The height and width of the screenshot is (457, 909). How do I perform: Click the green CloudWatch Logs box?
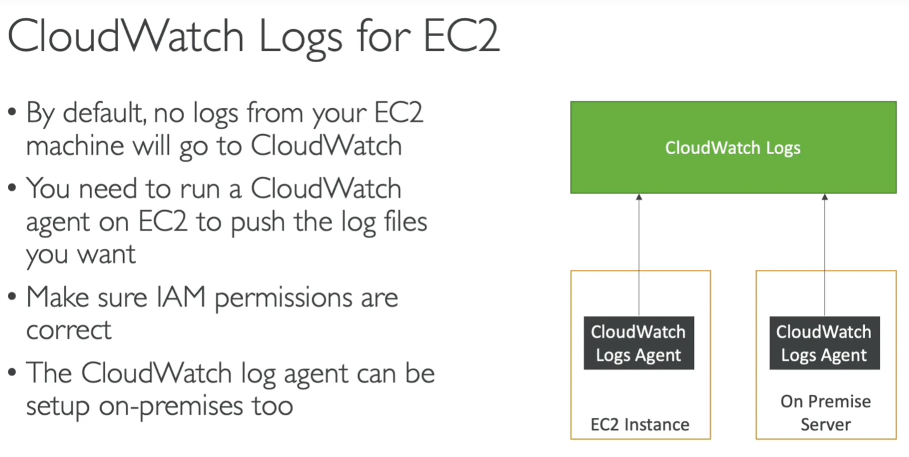coord(733,147)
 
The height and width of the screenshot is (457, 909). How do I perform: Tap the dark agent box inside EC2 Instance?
coord(639,343)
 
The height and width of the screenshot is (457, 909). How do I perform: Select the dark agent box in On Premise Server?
coord(824,343)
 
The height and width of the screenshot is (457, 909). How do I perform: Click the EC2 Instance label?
coord(640,425)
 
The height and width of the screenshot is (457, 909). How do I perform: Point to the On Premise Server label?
coord(826,413)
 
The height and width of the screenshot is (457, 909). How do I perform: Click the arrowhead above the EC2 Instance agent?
coord(639,197)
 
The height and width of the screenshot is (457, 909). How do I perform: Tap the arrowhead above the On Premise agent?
coord(824,197)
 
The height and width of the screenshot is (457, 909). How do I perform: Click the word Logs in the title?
coord(301,38)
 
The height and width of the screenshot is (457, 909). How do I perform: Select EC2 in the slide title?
coord(461,35)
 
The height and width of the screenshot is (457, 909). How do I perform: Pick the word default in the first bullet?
coord(104,113)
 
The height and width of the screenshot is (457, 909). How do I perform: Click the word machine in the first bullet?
coord(75,145)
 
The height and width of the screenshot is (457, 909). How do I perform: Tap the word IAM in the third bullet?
coord(181,297)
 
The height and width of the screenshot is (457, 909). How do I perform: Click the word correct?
coord(68,330)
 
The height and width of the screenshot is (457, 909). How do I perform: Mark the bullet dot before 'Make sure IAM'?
coord(12,297)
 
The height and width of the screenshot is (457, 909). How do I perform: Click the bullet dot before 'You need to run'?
coord(12,188)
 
